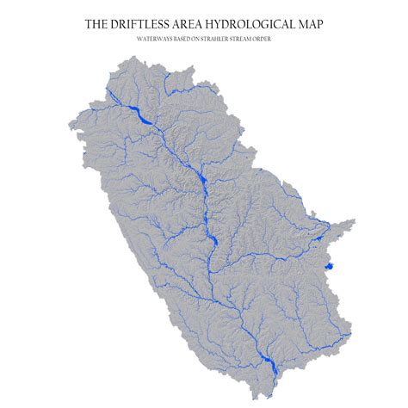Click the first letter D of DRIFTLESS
(x=117, y=25)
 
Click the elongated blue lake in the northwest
(x=138, y=114)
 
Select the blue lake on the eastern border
(x=329, y=268)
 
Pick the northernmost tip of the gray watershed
(x=128, y=56)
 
